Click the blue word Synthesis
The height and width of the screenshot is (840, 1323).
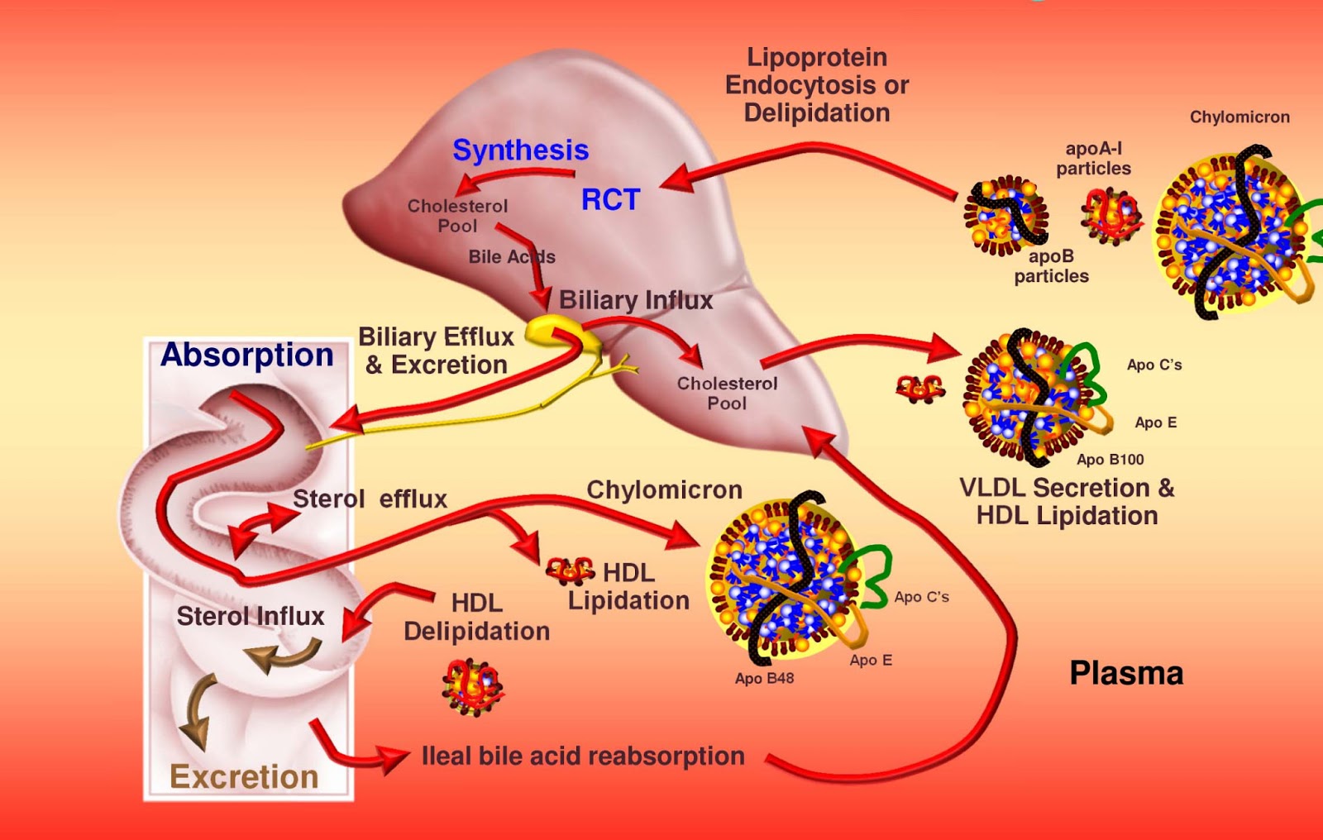[520, 150]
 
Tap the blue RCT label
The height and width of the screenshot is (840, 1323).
[610, 200]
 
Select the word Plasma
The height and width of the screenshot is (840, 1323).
[1126, 673]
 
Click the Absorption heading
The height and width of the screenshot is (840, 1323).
[246, 355]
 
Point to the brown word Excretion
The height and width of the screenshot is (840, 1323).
[244, 777]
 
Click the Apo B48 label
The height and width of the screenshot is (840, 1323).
[764, 679]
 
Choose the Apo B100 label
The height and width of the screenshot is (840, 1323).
[1110, 460]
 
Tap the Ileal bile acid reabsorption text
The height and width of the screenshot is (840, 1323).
[583, 756]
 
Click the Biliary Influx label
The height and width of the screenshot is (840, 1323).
[636, 300]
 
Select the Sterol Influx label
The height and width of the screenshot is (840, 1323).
[251, 616]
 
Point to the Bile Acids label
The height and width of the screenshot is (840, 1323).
[512, 257]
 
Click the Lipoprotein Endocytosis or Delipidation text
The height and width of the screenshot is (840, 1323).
[817, 85]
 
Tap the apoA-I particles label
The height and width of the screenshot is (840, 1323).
[1093, 159]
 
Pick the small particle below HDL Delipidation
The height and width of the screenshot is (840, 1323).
[472, 686]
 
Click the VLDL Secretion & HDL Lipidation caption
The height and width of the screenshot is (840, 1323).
[1067, 502]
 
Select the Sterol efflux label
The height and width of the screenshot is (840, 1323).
[370, 499]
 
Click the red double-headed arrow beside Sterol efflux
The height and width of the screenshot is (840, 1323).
[263, 527]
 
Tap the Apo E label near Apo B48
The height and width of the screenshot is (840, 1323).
[871, 661]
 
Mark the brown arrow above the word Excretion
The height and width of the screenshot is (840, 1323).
[198, 711]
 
